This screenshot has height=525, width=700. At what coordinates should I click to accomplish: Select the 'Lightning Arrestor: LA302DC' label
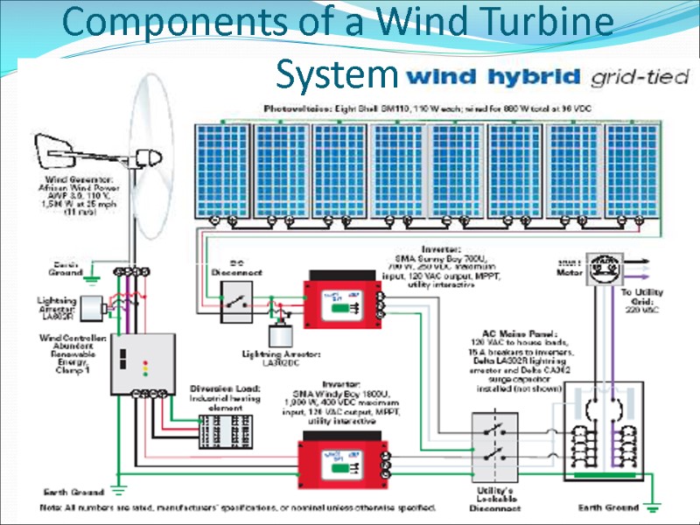282,358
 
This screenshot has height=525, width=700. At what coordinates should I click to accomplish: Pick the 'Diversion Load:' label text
218,388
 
